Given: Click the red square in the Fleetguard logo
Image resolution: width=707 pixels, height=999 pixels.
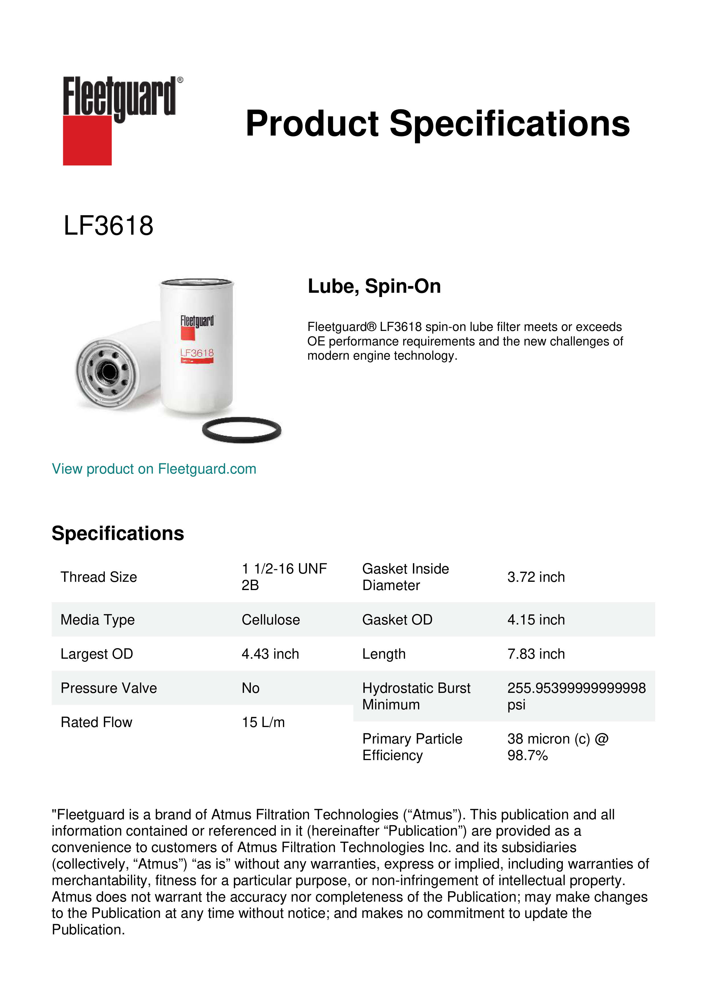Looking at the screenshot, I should [87, 140].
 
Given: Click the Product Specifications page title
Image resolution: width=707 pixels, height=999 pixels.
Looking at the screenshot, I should [437, 124].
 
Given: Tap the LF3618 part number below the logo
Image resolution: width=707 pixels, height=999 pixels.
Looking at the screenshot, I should [108, 226].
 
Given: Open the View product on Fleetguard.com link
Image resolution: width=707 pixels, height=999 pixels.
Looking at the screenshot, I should [154, 469].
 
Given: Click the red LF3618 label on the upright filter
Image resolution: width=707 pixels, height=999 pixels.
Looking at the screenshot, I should [197, 353].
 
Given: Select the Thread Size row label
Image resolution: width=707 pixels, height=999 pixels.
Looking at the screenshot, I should [99, 577].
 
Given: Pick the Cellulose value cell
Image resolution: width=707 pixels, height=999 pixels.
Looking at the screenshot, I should [270, 620].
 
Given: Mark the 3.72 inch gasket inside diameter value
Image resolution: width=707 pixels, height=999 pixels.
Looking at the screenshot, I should [536, 577].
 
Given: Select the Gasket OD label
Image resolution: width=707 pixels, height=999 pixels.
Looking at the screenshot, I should [397, 620].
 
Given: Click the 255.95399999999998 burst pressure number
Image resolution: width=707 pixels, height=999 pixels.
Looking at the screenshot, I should [576, 688].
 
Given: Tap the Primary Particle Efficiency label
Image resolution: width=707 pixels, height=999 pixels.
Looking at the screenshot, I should [412, 747].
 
